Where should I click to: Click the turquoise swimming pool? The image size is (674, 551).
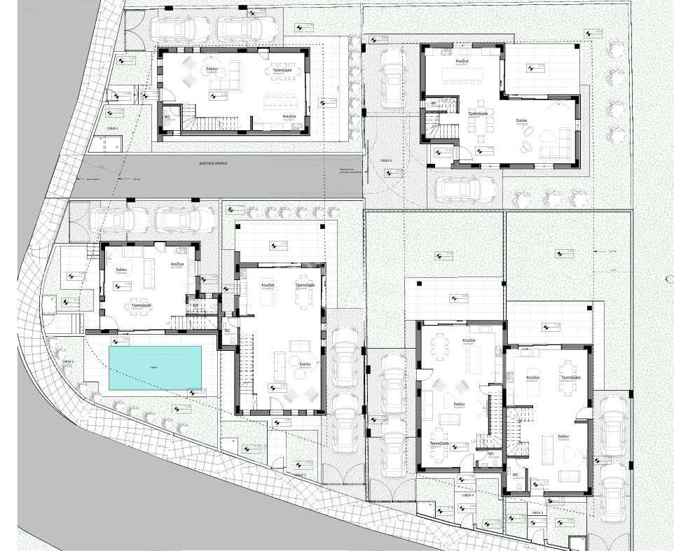point(156,368)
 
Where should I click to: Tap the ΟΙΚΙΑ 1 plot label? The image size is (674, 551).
point(113,129)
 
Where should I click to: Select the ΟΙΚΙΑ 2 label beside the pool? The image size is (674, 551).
point(68,361)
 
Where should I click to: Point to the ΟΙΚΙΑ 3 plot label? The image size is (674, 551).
point(301,474)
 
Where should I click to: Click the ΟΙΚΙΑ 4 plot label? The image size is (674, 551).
point(468,496)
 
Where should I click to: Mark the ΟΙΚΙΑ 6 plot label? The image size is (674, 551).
point(386,160)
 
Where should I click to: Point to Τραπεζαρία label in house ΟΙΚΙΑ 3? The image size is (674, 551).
point(305,286)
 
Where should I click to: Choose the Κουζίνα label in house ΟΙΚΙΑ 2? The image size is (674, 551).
point(177,264)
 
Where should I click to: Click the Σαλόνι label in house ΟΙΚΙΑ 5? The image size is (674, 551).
point(563,435)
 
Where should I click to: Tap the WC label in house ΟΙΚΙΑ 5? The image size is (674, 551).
point(515,474)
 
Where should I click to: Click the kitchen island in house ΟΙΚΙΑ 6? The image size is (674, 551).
point(462,75)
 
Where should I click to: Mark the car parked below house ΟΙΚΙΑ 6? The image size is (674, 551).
point(466,189)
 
